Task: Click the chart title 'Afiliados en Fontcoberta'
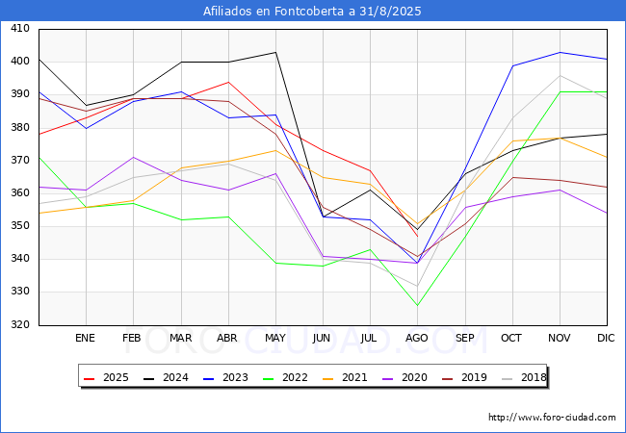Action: pos(312,12)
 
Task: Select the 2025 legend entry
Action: pos(107,377)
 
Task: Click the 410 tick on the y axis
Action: pos(19,30)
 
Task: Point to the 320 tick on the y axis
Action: pos(19,325)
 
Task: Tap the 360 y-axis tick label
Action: pos(19,193)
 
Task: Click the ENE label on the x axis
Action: pos(86,339)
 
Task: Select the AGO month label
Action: pos(417,339)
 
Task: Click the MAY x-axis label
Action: pos(275,339)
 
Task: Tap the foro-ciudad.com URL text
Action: pos(552,418)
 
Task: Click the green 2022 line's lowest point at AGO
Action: pos(418,306)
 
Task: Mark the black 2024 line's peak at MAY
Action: pos(275,52)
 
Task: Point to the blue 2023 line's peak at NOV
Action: pos(560,52)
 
